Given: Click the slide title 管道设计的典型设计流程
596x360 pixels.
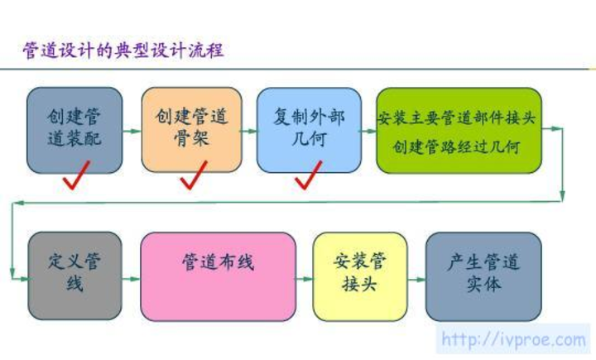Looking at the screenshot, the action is point(123,50).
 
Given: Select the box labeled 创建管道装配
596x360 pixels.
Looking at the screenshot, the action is point(74,131).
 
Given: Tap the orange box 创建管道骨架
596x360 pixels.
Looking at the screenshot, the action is point(191,130).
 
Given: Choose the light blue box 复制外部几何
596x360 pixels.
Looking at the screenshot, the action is point(309,130).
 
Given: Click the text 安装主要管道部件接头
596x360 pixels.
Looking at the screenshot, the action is point(456,118).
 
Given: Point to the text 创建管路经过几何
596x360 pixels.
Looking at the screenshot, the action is point(456,146).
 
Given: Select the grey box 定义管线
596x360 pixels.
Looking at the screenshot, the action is point(74,276).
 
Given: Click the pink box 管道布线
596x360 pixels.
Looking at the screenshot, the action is point(219,276).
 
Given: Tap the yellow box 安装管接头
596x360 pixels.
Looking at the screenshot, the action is point(360,276).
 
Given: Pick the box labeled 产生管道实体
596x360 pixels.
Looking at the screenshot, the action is point(483,276).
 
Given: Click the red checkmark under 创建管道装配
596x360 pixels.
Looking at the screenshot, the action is point(76,175).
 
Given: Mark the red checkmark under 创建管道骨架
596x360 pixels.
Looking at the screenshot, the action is point(194,175).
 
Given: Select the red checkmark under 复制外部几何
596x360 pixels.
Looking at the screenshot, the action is point(308,175).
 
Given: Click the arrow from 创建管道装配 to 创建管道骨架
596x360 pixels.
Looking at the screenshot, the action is point(132,131).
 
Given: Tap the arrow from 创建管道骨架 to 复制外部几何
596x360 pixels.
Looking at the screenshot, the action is point(249,131).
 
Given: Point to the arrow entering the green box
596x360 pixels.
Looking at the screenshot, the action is point(368,131).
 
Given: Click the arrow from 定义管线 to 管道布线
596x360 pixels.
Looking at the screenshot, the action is point(131,279).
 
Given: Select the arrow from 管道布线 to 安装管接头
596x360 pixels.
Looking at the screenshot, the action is point(304,279).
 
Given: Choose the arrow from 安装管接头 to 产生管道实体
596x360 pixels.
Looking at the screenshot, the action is point(416,280).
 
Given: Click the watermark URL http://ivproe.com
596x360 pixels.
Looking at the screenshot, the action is point(513,339).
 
